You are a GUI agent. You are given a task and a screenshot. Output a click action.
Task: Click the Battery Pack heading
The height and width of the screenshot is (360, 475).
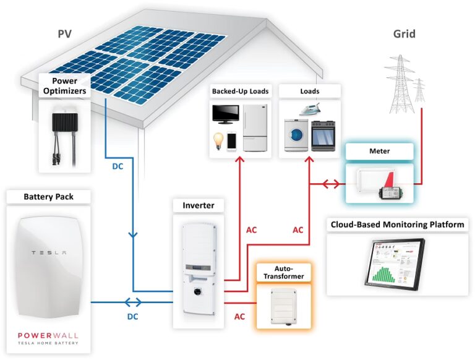(x=49, y=197)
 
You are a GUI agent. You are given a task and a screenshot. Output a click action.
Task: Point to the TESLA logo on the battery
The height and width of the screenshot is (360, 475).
(x=49, y=254)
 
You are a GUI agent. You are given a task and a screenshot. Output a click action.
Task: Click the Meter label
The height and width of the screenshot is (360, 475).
(x=379, y=150)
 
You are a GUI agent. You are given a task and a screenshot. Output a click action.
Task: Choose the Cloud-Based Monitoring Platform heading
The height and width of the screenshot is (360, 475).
(x=397, y=225)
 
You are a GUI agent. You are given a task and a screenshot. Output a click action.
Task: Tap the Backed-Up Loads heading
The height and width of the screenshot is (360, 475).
(x=240, y=92)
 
